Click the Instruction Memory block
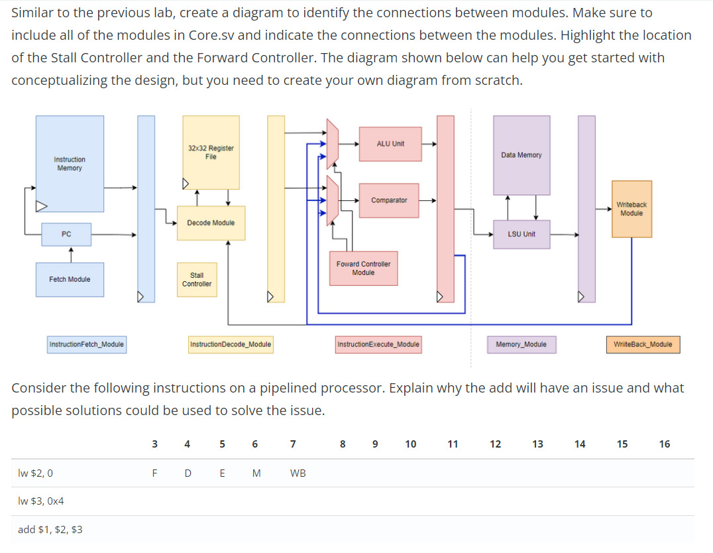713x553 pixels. click(70, 164)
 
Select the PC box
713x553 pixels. click(66, 234)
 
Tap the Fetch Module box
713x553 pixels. click(70, 279)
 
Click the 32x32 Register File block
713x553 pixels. click(211, 153)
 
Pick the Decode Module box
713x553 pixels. click(211, 223)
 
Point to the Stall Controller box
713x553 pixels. click(197, 279)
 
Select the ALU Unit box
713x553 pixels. click(390, 144)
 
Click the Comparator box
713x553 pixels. click(389, 200)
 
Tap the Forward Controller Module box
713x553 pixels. click(363, 269)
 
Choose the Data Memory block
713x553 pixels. click(521, 155)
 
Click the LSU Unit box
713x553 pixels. click(521, 234)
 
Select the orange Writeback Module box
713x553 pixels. click(631, 209)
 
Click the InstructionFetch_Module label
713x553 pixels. click(87, 344)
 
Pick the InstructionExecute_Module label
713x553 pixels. click(378, 344)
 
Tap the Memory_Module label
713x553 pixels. click(521, 344)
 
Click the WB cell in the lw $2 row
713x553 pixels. click(298, 473)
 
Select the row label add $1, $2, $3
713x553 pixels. click(50, 529)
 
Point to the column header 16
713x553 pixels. click(665, 444)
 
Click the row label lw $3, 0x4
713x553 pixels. click(41, 501)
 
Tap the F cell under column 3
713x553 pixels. click(154, 473)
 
